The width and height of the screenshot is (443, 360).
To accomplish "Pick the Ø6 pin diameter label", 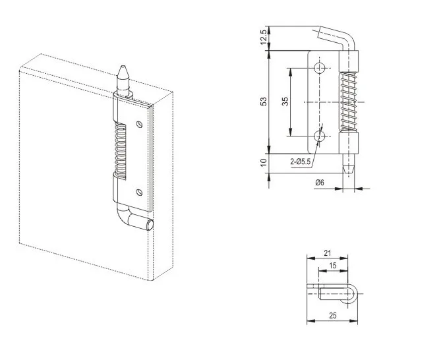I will [x=320, y=182].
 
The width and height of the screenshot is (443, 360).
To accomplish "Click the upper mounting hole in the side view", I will [x=320, y=68].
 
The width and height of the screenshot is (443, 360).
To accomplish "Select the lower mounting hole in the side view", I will [x=320, y=136].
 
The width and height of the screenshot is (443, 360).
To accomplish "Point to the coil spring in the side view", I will [x=349, y=102].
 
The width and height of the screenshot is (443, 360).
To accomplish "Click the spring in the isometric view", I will [x=118, y=148].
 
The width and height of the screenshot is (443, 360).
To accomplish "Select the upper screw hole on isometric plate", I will [x=138, y=123].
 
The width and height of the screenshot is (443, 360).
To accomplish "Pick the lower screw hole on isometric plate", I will [x=138, y=192].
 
